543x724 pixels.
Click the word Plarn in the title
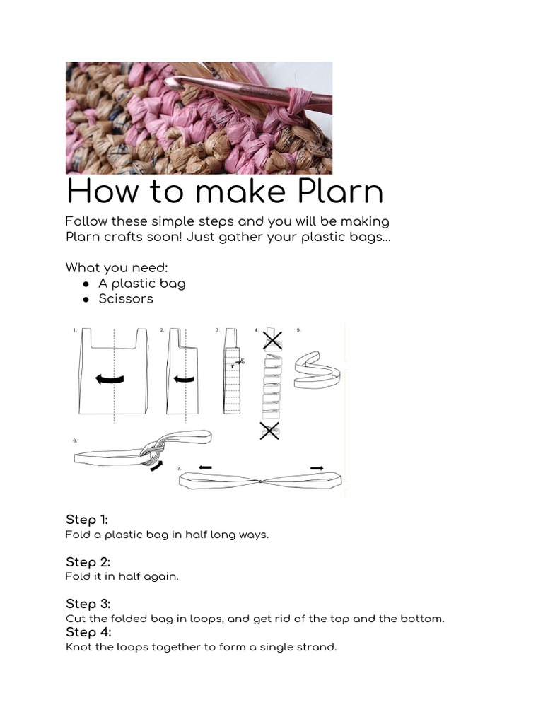point(340,191)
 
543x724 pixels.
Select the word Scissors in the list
point(126,299)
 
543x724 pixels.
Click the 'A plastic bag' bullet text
point(141,284)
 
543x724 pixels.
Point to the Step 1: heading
point(87,520)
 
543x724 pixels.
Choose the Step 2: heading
point(88,562)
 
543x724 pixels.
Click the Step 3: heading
point(88,604)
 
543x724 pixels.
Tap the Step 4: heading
point(88,632)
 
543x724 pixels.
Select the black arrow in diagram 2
point(184,380)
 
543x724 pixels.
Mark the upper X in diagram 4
point(272,340)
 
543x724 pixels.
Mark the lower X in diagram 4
point(269,431)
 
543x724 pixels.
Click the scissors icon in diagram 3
point(240,362)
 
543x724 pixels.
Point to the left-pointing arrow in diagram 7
point(205,468)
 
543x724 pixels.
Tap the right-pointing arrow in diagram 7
point(317,468)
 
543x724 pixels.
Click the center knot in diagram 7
point(260,481)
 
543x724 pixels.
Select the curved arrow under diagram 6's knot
point(157,466)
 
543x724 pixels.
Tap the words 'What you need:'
point(117,268)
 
